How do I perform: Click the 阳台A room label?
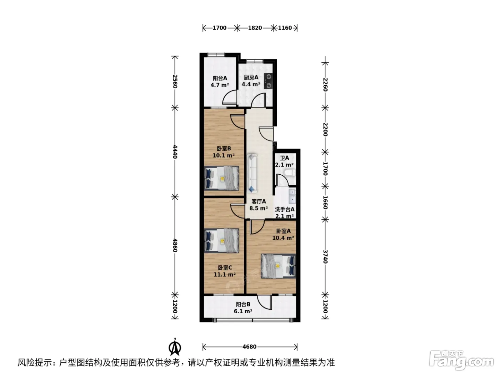[x=220, y=78]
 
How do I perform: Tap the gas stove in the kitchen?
[x=268, y=81]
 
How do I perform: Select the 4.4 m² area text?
[x=251, y=84]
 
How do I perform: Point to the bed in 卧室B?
[x=222, y=178]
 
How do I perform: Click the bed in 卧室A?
[x=278, y=266]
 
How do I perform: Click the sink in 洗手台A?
[x=292, y=196]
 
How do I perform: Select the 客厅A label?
[x=259, y=201]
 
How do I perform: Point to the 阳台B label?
[x=243, y=304]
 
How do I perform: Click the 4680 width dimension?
[x=249, y=347]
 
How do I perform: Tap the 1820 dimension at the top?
[x=255, y=28]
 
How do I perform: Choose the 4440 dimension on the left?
[x=175, y=152]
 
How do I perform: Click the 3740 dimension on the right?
[x=325, y=256]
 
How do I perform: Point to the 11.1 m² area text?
[x=225, y=275]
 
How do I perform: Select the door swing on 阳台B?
[x=265, y=302]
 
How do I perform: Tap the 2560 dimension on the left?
[x=175, y=81]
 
